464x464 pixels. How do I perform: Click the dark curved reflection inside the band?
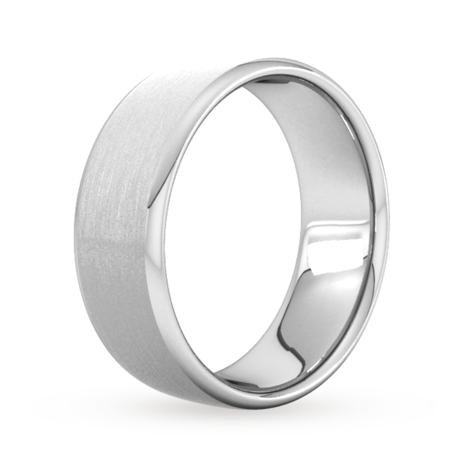305,325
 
